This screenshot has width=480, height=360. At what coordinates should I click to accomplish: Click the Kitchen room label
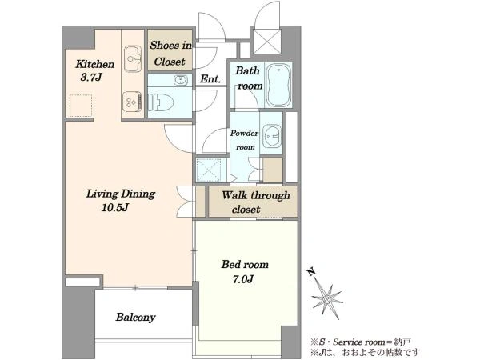pos(94,64)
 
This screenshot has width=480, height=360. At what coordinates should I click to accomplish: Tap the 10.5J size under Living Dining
pos(114,208)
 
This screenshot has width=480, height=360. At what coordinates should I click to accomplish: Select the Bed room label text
pos(245,265)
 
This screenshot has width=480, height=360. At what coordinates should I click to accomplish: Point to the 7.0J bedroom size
pos(243,279)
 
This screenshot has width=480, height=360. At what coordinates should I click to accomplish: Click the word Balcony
pos(135,318)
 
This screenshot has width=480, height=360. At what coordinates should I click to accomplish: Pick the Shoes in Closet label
pos(170,54)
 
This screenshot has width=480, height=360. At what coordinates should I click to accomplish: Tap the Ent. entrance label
pos(210,79)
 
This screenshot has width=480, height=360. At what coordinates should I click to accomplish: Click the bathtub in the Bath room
pos(278,85)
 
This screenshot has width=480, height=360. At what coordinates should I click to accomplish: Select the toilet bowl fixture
pos(161,102)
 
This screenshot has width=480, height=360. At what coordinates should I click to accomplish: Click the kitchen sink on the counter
pos(133,58)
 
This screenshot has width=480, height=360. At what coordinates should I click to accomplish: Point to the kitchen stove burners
pos(132,102)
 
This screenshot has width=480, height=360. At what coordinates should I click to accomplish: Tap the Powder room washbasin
pos(271,134)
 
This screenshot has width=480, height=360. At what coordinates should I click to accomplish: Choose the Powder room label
pos(245,140)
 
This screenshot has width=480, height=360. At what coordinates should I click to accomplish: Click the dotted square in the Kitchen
pos(81,106)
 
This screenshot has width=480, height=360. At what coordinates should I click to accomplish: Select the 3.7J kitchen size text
pos(91,78)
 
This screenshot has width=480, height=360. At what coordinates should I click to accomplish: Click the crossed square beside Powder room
pos(209,170)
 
